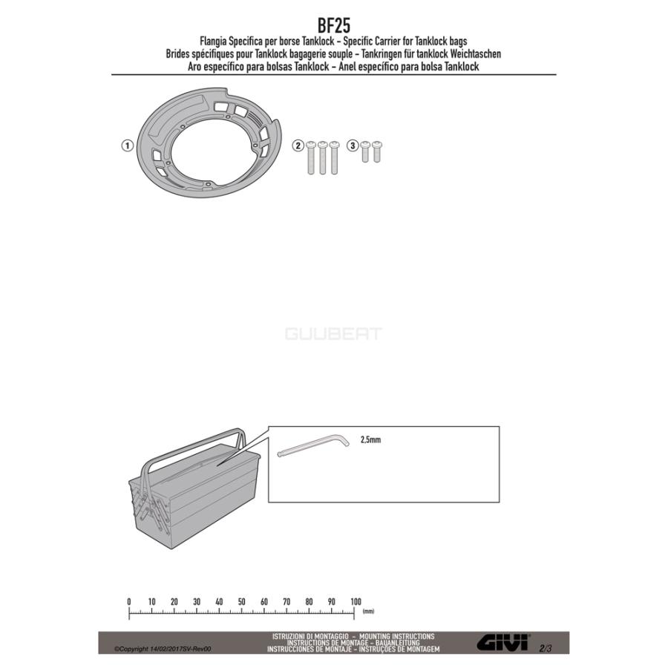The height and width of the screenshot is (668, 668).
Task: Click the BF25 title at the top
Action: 333,25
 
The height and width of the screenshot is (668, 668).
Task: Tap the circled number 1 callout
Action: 128,145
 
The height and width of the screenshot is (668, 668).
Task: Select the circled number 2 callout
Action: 298,145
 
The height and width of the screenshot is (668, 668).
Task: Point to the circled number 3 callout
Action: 353,145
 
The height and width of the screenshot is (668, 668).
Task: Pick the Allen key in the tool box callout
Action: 313,445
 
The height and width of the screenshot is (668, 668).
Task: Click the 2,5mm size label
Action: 370,439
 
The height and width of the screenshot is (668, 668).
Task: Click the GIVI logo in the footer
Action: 503,642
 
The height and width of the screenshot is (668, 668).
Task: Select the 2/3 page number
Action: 546,649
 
